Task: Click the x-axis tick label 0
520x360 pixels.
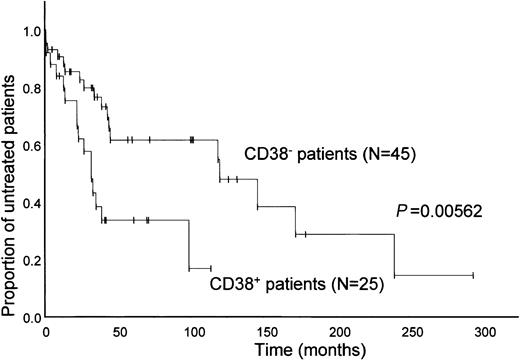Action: [x=45, y=331]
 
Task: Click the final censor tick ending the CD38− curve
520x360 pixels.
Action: [x=472, y=275]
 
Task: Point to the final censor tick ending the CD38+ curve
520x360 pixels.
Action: [x=210, y=268]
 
